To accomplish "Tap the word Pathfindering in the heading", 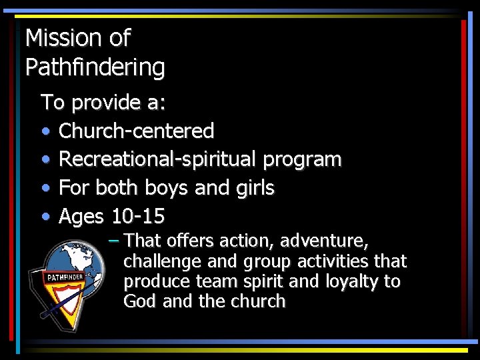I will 95,67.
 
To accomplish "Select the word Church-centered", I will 136,131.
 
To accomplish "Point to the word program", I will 302,160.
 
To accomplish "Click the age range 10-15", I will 138,217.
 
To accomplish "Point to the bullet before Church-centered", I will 45,131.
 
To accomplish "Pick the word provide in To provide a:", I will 103,103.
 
